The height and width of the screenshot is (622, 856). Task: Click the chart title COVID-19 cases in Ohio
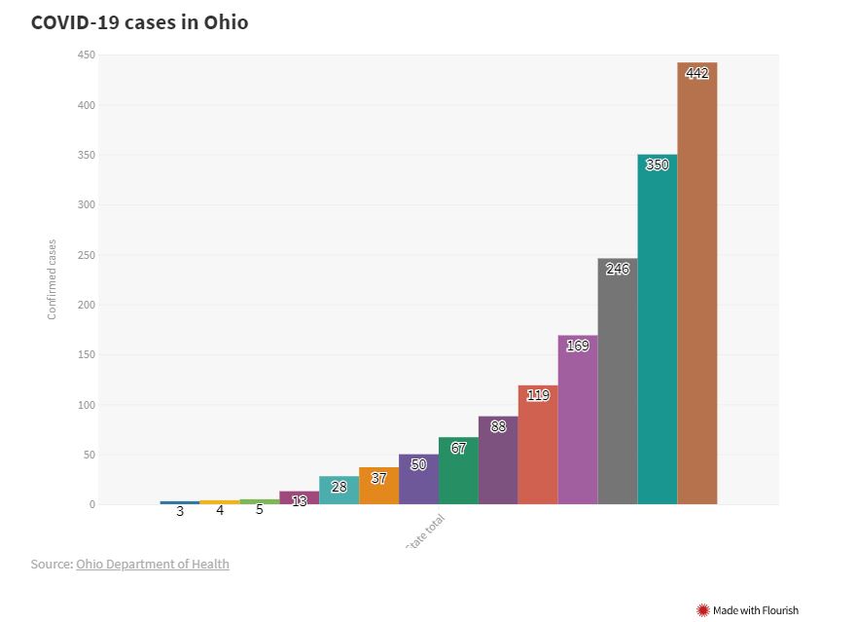click(x=139, y=21)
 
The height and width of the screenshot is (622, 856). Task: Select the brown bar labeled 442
click(x=696, y=292)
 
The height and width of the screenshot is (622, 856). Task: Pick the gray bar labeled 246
click(x=617, y=384)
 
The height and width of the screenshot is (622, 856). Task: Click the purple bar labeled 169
click(x=577, y=423)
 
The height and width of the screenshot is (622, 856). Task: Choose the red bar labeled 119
click(x=537, y=448)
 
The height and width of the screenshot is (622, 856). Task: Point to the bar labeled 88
click(x=498, y=462)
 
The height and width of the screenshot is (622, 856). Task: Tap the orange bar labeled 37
click(x=378, y=487)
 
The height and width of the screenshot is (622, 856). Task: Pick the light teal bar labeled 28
click(x=339, y=491)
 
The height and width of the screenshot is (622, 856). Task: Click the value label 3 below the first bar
click(x=180, y=510)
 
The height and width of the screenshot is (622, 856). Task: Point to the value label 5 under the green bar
click(x=260, y=509)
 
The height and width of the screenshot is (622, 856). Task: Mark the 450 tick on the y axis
click(x=87, y=55)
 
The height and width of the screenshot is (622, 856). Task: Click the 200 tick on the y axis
click(x=87, y=305)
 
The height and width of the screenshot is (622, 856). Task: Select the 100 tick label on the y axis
click(x=87, y=405)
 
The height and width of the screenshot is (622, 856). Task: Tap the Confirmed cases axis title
click(x=53, y=279)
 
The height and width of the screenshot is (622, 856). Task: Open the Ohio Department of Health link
click(x=153, y=564)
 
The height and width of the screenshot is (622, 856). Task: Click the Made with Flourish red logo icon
click(x=703, y=610)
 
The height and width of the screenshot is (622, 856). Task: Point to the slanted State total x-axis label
click(x=428, y=531)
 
